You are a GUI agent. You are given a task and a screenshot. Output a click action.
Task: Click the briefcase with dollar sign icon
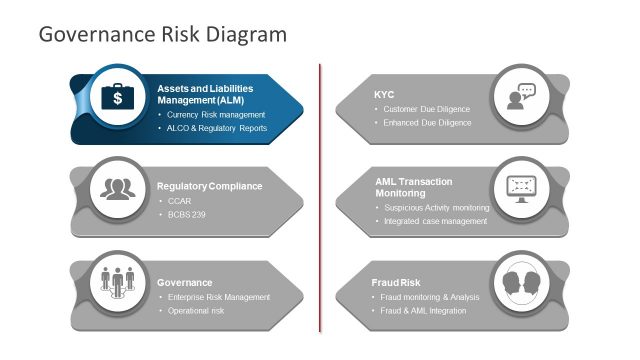pos(118,97)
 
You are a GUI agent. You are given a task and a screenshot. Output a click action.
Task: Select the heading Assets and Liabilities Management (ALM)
pos(205,94)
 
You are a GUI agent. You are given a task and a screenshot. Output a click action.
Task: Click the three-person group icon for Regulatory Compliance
pos(118,188)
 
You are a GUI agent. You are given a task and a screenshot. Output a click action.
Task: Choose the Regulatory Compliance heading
pos(209,186)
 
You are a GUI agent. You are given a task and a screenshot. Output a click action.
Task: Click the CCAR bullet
pos(180,201)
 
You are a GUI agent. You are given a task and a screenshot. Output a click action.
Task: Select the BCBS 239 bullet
pos(186,215)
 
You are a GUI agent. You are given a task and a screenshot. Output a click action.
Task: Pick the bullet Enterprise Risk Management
pos(218,297)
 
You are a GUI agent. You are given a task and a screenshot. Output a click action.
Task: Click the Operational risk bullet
pos(196,311)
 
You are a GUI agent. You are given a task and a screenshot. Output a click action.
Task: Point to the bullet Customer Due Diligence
pos(426,109)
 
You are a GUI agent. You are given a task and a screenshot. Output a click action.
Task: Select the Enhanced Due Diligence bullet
pos(427,123)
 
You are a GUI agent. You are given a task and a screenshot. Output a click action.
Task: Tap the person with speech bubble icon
pos(521,96)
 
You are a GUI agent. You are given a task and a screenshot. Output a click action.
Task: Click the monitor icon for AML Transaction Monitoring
pos(521,187)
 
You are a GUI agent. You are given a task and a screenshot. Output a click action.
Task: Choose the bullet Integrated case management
pos(435,221)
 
